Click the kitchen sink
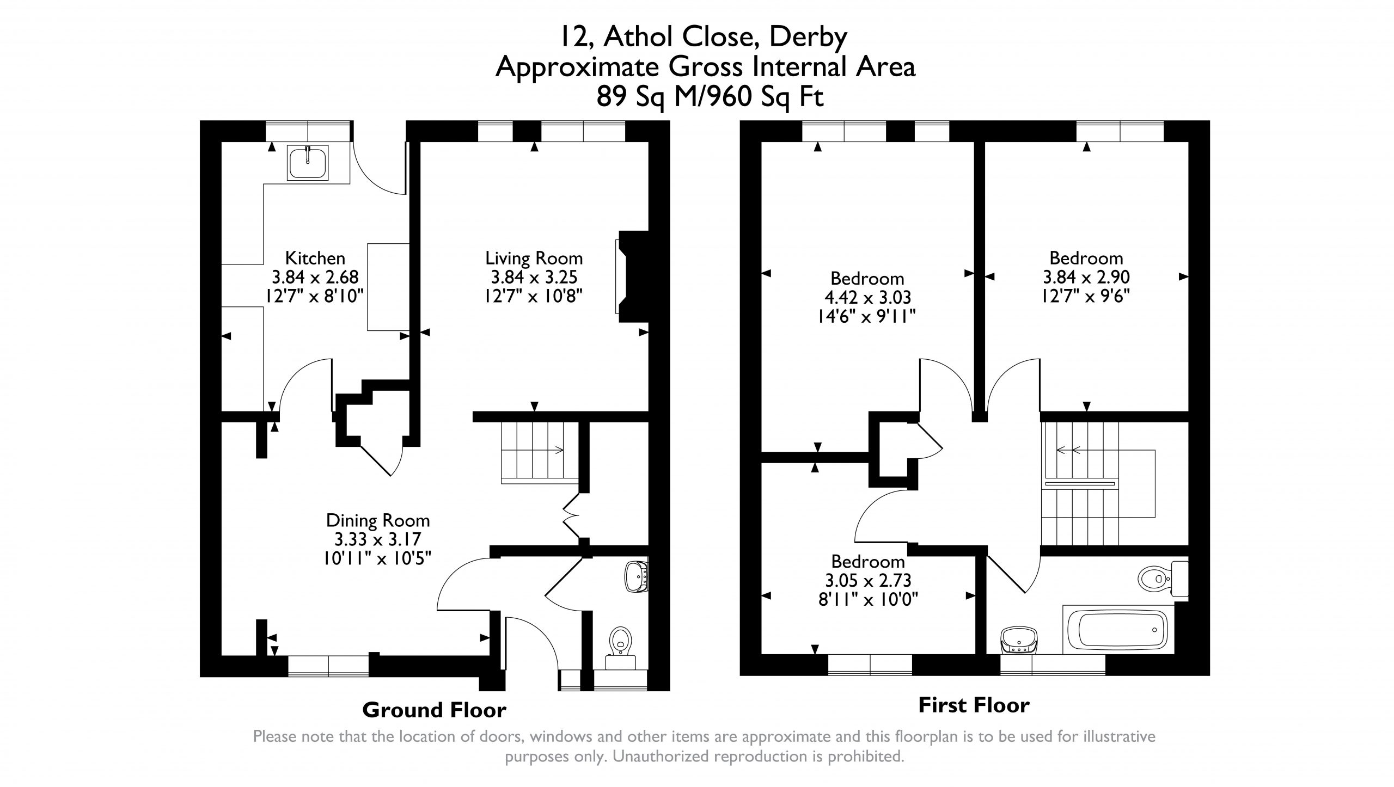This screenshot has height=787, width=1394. (x=309, y=162)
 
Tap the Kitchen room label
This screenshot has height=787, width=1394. (x=315, y=257)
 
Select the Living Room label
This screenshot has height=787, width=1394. (x=534, y=257)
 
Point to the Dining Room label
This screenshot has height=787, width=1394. (x=378, y=520)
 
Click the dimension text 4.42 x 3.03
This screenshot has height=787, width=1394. (x=867, y=297)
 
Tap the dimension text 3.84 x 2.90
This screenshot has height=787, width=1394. (x=1086, y=277)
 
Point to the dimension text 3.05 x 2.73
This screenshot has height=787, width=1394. (x=868, y=580)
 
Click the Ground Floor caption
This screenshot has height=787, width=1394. (x=434, y=710)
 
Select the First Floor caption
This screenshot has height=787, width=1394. (x=974, y=705)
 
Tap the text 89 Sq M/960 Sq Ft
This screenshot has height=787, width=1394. (x=710, y=98)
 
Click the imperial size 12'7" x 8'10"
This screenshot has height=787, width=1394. (x=314, y=297)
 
